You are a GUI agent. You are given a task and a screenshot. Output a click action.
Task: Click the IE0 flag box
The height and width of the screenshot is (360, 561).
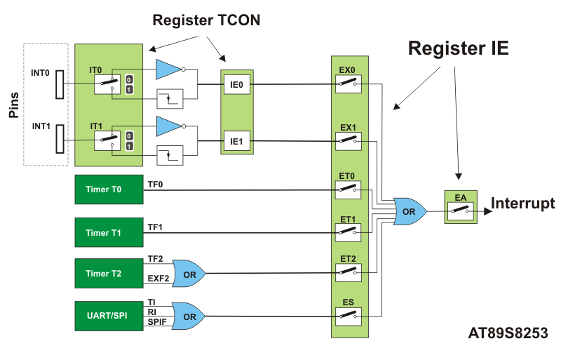(x=236, y=86)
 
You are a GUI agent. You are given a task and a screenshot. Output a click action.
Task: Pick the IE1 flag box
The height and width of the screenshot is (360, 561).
(x=236, y=142)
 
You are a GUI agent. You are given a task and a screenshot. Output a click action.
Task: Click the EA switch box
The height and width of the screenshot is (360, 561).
(x=461, y=208)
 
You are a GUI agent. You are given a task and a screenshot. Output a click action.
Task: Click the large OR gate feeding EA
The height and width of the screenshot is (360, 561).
(x=409, y=211)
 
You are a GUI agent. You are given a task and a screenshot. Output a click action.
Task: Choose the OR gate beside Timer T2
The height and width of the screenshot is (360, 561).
(x=189, y=273)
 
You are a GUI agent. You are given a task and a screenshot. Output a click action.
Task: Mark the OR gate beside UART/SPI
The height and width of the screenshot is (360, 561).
(x=189, y=316)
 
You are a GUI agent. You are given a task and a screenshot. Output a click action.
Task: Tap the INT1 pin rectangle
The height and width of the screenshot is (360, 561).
(x=60, y=138)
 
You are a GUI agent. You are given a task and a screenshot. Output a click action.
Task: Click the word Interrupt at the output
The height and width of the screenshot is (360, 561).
(x=522, y=204)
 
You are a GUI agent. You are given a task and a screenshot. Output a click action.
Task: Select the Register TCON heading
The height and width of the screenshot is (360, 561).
(x=207, y=20)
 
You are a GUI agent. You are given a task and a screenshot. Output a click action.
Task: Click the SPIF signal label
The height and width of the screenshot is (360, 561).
(x=157, y=321)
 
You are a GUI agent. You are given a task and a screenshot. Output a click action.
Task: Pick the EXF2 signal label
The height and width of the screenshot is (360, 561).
(x=158, y=279)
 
